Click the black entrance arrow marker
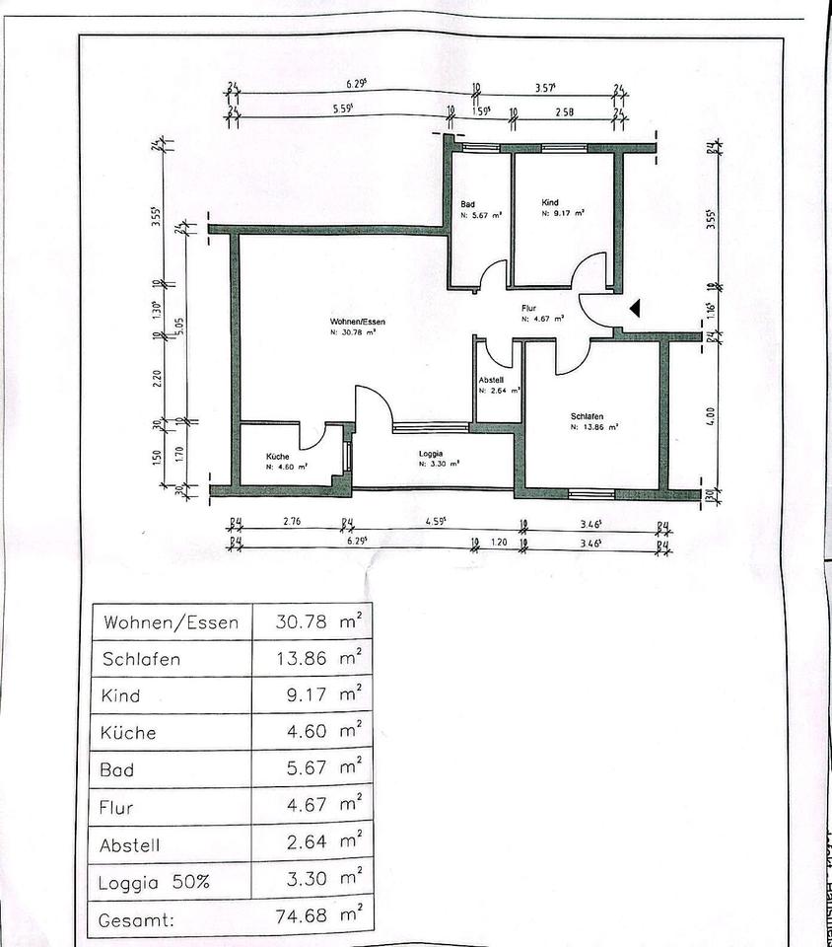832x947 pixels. [x=636, y=309]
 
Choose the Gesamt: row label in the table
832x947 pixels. [x=137, y=919]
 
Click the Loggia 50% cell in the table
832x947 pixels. [x=155, y=882]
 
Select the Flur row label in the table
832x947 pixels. [x=117, y=807]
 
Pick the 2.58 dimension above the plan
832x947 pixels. [x=564, y=112]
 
